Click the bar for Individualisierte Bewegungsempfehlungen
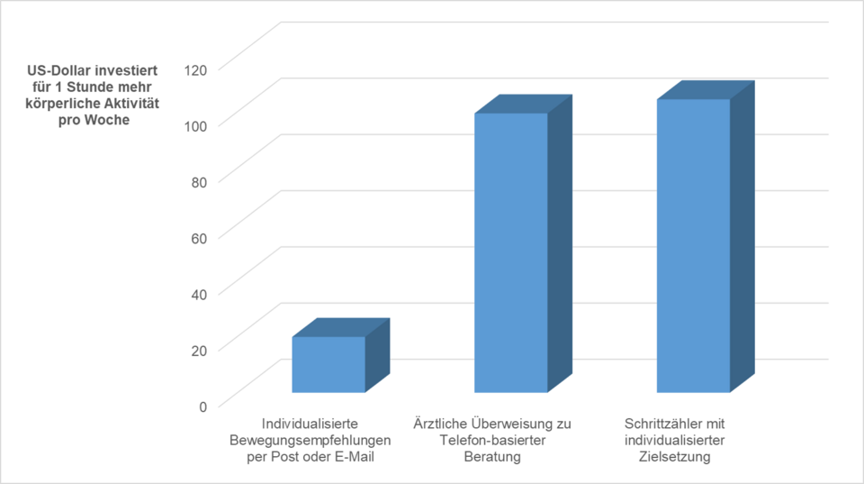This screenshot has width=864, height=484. pyautogui.click(x=328, y=364)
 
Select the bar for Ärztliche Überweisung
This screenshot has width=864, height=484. pyautogui.click(x=510, y=252)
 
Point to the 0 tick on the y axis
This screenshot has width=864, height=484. pyautogui.click(x=202, y=406)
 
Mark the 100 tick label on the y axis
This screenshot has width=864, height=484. pyautogui.click(x=195, y=124)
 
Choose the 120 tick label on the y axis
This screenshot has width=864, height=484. pyautogui.click(x=195, y=68)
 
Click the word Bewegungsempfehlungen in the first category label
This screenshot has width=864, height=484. pyautogui.click(x=310, y=441)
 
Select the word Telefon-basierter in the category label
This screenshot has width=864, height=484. pyautogui.click(x=492, y=441)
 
